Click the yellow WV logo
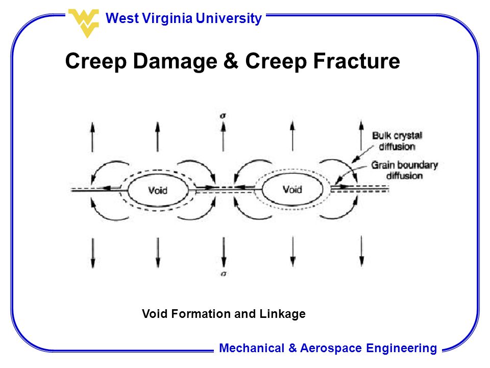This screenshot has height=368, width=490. (84, 23)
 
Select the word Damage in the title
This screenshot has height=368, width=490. (175, 61)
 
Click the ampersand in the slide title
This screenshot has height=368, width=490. (231, 61)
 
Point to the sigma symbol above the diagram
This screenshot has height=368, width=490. (223, 116)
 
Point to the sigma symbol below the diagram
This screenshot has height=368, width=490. (223, 274)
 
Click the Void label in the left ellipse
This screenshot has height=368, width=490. (158, 190)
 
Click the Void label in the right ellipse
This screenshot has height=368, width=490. (292, 189)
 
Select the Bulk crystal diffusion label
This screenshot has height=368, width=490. (397, 141)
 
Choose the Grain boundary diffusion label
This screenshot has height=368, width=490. (404, 170)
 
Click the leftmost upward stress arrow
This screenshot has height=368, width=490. (92, 137)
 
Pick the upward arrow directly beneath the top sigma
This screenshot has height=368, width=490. (223, 136)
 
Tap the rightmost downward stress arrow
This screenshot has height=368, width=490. (361, 251)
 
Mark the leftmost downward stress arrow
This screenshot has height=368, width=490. (93, 253)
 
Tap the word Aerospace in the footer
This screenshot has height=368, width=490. (331, 348)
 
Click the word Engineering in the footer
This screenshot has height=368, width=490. (402, 348)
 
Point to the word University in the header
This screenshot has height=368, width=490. (229, 18)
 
